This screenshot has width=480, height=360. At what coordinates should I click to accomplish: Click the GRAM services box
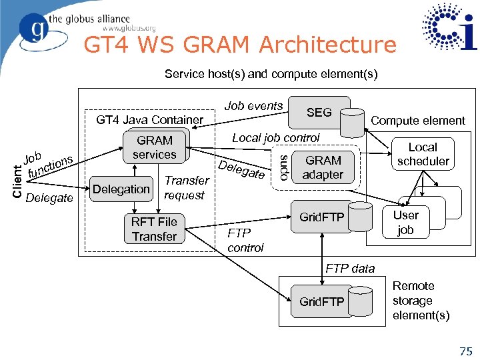click(x=154, y=147)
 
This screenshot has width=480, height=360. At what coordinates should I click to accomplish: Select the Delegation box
click(x=121, y=189)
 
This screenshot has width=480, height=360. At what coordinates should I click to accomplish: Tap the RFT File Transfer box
click(x=154, y=229)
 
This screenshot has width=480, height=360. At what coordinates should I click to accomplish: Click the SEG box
click(x=319, y=113)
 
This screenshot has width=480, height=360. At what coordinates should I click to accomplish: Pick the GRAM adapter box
click(x=323, y=168)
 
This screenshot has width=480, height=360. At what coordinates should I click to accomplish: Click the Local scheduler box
click(x=423, y=154)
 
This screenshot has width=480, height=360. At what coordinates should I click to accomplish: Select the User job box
click(x=405, y=223)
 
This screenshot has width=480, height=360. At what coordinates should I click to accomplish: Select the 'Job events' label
click(x=253, y=106)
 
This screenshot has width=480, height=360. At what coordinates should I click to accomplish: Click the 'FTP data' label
click(x=350, y=269)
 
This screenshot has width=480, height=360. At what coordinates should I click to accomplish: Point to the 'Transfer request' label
click(x=186, y=188)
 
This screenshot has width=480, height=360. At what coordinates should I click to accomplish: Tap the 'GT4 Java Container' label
click(x=150, y=120)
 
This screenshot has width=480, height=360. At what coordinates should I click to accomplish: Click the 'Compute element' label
click(x=418, y=121)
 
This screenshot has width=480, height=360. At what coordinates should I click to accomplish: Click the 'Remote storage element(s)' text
click(x=421, y=301)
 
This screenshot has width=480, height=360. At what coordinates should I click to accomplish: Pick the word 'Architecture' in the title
click(x=327, y=45)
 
